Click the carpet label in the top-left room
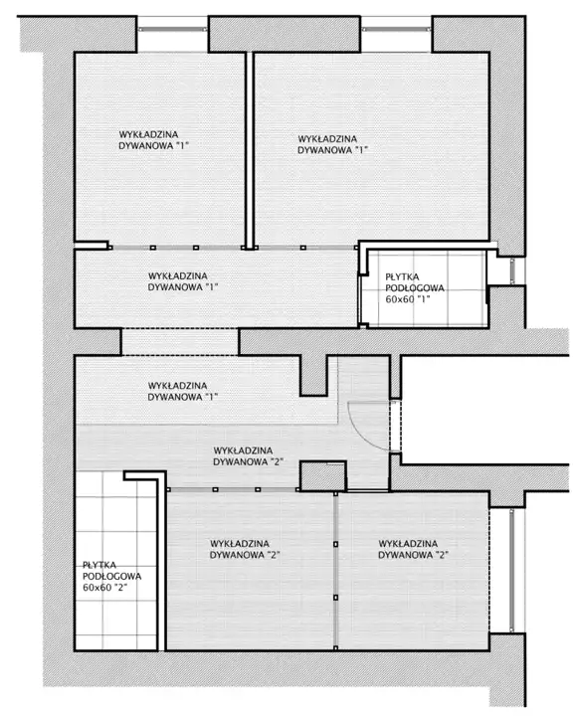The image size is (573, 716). point(154,140)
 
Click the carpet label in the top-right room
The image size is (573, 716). point(333,144)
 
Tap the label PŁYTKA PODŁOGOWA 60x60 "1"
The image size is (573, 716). point(415,288)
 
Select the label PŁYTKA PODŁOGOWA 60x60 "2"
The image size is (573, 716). point(112,576)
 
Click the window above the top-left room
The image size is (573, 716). point(172,29)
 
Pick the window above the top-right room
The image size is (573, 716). point(396,29)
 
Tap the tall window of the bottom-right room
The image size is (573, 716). point(511,570)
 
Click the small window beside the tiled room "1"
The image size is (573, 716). point(512,270)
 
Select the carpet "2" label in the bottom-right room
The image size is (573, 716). point(413,549)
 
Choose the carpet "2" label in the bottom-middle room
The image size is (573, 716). point(245,549)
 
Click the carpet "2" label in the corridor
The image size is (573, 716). point(248,456)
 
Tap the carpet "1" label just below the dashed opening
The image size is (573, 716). point(182,392)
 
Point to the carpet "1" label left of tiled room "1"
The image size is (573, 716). point(183,281)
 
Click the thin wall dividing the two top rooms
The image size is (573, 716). point(250,151)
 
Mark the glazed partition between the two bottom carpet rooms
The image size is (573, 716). point(336,571)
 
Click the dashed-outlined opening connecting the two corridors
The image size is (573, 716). point(180,341)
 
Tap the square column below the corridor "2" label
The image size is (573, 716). point(322,475)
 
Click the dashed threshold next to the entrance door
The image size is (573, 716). point(395,427)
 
